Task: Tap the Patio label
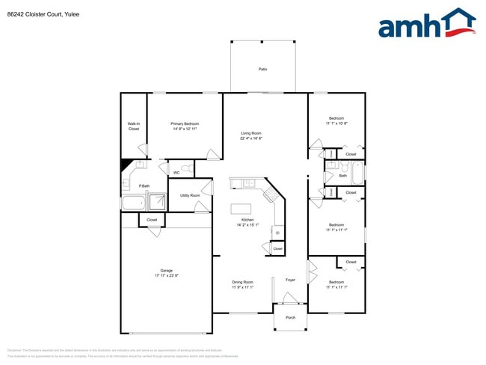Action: point(263,69)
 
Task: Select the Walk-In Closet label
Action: point(134,126)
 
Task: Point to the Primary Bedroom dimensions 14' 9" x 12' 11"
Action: point(185,129)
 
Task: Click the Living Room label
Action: point(250,133)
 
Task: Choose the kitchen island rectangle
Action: point(240,209)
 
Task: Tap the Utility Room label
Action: point(190,195)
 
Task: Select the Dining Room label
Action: point(242,282)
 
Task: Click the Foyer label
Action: point(291,280)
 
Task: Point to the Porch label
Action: point(291,317)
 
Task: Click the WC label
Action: point(176,173)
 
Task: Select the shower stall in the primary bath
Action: point(158,201)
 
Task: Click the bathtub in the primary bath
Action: point(133,203)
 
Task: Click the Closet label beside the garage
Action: point(152,220)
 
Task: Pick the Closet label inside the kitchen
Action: point(277,248)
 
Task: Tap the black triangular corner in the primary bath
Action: point(126,165)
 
